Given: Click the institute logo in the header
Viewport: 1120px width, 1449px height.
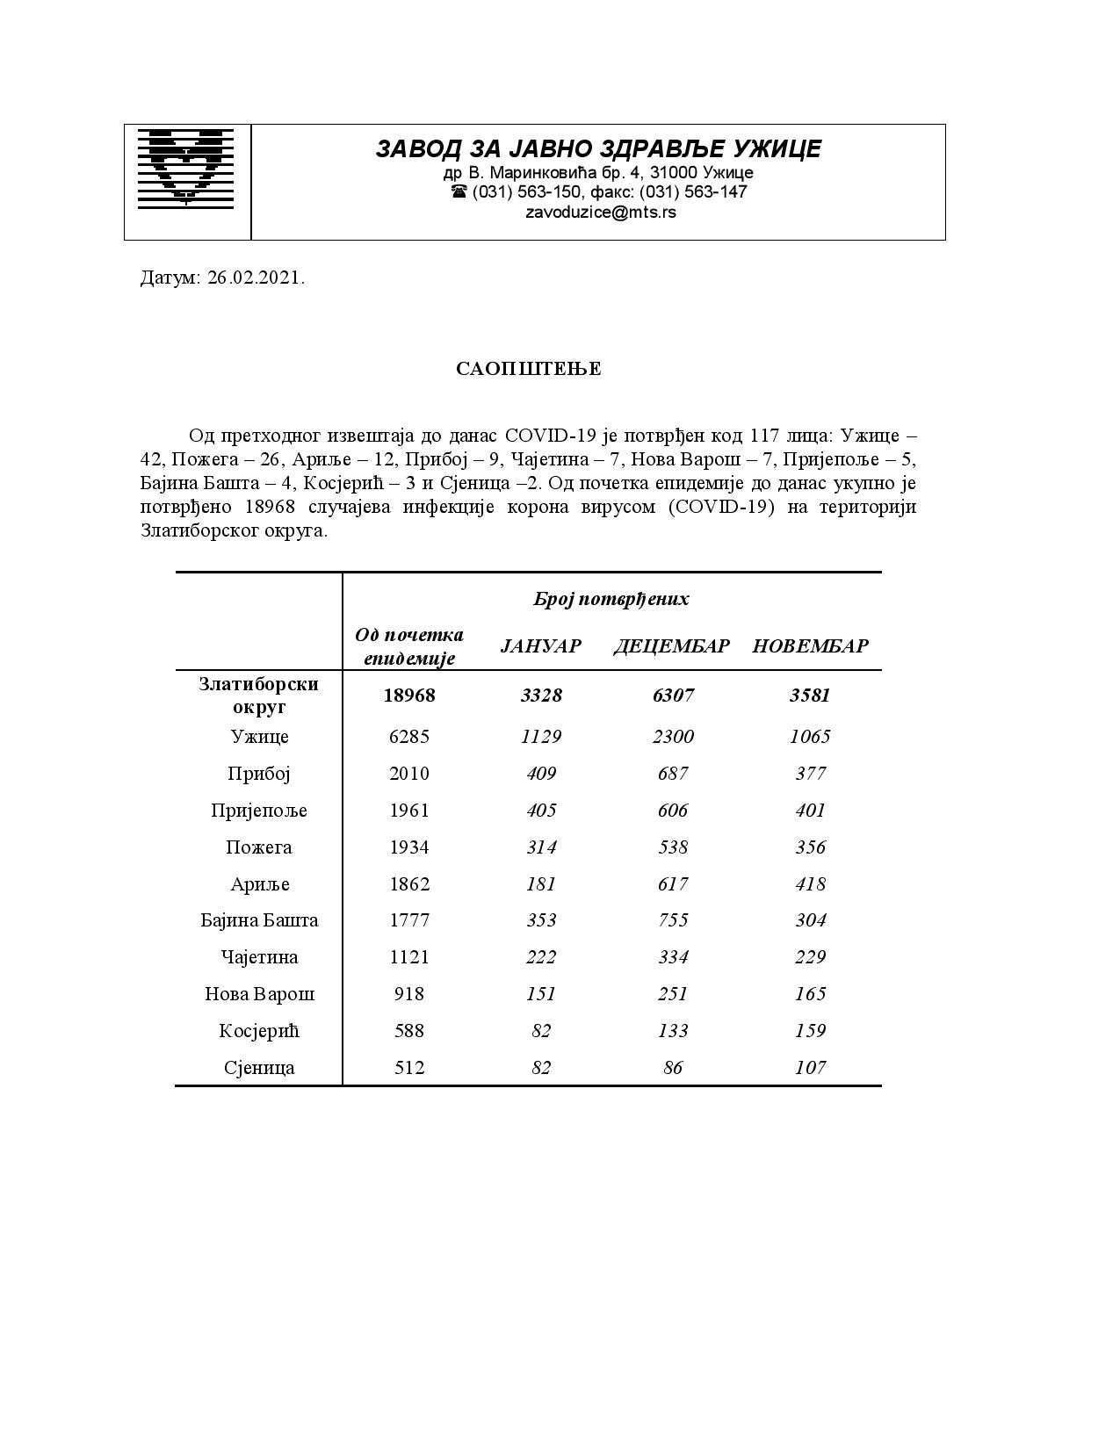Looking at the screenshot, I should [x=186, y=168].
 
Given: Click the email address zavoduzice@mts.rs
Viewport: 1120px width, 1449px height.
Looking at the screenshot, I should [x=600, y=212].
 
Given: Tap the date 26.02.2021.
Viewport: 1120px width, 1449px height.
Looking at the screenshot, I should [x=257, y=278].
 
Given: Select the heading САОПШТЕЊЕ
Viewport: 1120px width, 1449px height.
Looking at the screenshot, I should [x=528, y=369].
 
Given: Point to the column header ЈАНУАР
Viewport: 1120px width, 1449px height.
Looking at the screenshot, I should [x=540, y=646].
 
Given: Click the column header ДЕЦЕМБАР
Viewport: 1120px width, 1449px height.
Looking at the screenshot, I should [x=672, y=646].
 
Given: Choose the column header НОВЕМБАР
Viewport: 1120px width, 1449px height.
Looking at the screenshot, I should [x=810, y=646].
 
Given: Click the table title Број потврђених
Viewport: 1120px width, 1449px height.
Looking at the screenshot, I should [x=611, y=599].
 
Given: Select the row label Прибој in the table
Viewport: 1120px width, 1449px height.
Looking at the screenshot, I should [x=258, y=774].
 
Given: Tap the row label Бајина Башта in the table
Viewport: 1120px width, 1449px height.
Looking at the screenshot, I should [x=258, y=920].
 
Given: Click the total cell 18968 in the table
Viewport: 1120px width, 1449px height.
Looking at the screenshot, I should [x=409, y=696].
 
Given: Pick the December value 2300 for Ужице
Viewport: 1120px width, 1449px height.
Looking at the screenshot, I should [x=673, y=737].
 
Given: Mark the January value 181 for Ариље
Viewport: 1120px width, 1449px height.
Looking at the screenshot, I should [x=541, y=884].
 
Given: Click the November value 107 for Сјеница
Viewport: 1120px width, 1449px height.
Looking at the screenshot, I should [x=810, y=1068].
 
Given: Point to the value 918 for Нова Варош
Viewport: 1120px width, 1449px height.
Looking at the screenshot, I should [x=408, y=994].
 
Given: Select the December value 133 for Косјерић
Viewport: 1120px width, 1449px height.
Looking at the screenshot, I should [x=673, y=1031].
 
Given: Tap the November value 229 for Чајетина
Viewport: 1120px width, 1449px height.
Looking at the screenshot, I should [x=810, y=957].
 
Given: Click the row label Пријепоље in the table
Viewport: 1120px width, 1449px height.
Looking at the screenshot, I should [x=258, y=811].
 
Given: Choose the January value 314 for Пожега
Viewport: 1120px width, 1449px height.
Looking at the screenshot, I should [x=541, y=847].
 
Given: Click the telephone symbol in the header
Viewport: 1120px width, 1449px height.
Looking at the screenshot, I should [x=459, y=191].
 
